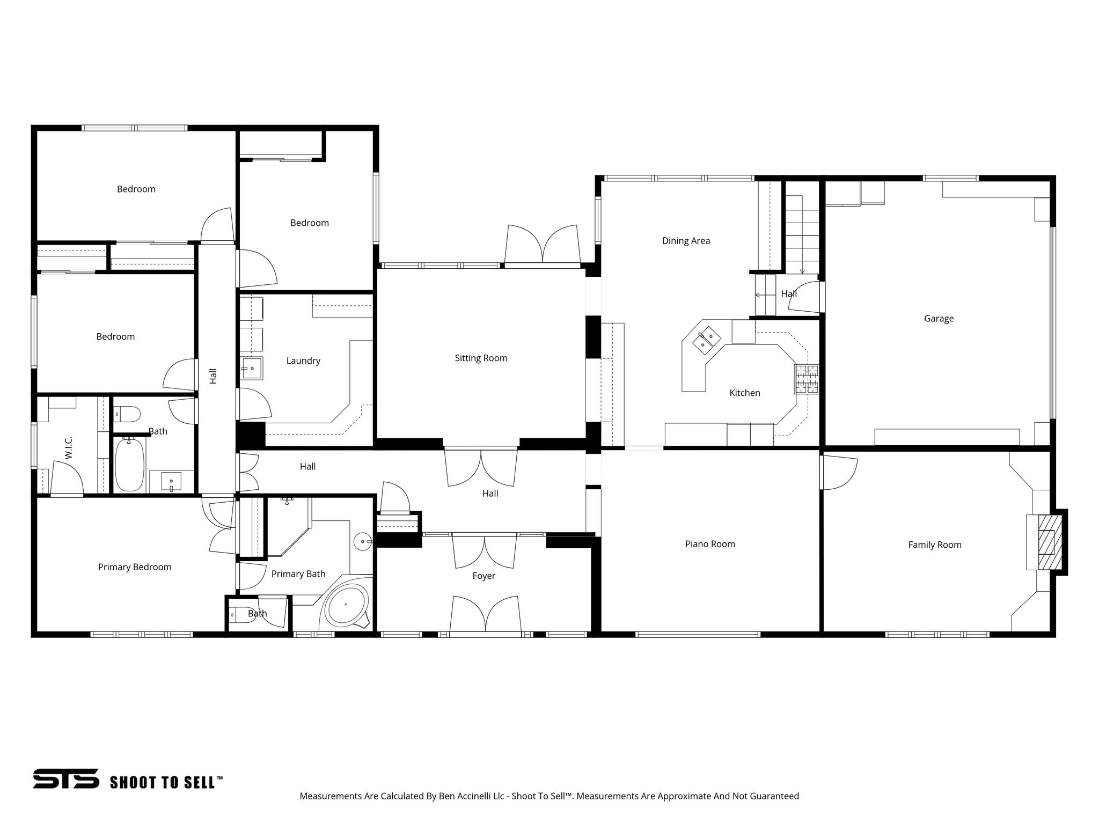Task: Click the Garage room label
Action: [939, 318]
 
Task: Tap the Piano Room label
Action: [709, 544]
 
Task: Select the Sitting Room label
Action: [481, 358]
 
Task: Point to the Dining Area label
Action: [685, 241]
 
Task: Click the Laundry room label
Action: [303, 360]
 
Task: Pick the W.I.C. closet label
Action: [69, 447]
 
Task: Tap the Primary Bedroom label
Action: [135, 567]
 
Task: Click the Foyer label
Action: [483, 576]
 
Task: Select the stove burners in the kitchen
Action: [807, 379]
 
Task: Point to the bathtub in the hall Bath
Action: [129, 464]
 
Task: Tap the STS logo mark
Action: [66, 778]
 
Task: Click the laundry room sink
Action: [251, 368]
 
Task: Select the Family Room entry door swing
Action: [838, 472]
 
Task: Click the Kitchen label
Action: [744, 393]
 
